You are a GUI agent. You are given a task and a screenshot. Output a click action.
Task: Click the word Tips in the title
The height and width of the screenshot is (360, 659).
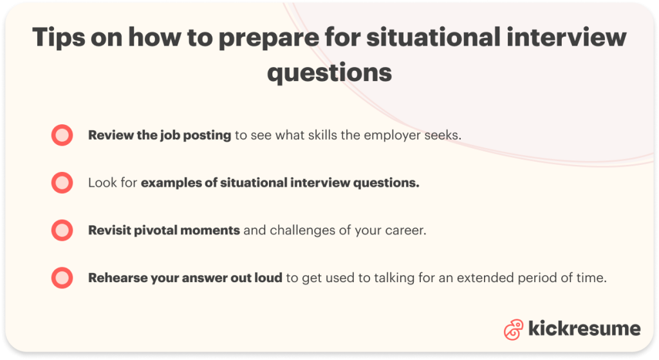tap(58, 38)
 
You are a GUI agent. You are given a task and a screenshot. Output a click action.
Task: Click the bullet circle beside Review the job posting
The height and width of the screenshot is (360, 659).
tap(62, 135)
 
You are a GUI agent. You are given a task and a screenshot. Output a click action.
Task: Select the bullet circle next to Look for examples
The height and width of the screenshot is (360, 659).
tap(62, 182)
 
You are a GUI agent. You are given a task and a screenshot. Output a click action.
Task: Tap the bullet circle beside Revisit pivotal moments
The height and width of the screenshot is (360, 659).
tap(62, 230)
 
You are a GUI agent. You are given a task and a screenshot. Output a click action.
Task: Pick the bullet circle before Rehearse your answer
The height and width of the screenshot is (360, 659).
tap(62, 278)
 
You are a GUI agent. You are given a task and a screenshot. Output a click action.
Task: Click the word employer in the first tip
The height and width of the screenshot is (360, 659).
tap(392, 136)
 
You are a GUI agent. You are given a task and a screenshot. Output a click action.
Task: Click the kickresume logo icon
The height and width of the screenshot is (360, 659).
tap(514, 329)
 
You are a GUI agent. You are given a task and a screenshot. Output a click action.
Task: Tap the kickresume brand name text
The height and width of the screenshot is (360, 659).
tap(584, 328)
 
